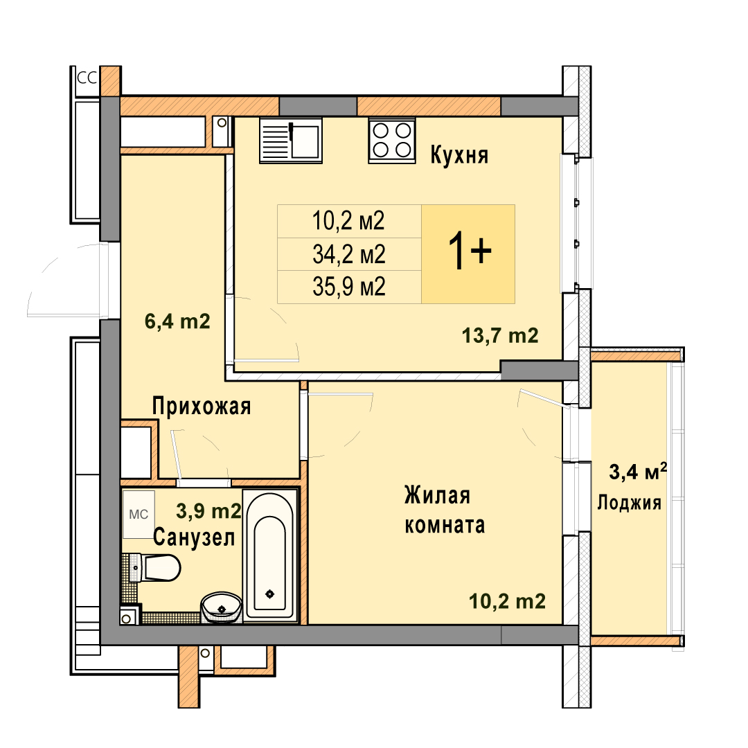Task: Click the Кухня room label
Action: pyautogui.click(x=459, y=155)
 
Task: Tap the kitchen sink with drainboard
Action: pyautogui.click(x=290, y=141)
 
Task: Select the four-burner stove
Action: pyautogui.click(x=391, y=141)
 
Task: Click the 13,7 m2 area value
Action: pyautogui.click(x=500, y=336)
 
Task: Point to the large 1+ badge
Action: pyautogui.click(x=468, y=253)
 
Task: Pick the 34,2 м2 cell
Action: pyautogui.click(x=349, y=254)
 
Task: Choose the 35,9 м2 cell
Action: pyautogui.click(x=349, y=287)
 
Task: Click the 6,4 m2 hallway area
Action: pyautogui.click(x=177, y=321)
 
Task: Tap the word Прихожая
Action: pyautogui.click(x=202, y=407)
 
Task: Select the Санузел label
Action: pyautogui.click(x=194, y=537)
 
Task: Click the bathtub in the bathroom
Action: pyautogui.click(x=270, y=555)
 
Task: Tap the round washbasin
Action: pyautogui.click(x=221, y=607)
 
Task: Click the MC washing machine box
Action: pyautogui.click(x=139, y=514)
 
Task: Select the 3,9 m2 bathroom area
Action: pyautogui.click(x=209, y=511)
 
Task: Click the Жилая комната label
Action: pyautogui.click(x=445, y=510)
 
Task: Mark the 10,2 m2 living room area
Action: pyautogui.click(x=507, y=602)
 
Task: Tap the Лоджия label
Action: pyautogui.click(x=629, y=503)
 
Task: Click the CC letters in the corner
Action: pyautogui.click(x=87, y=78)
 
